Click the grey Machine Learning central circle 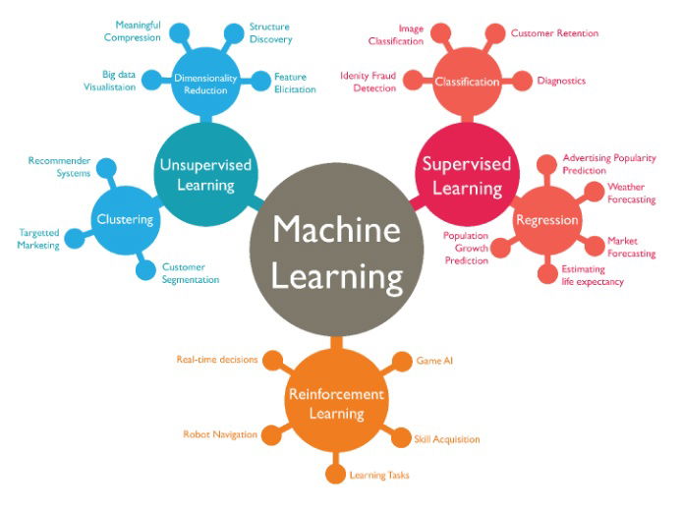pyautogui.click(x=337, y=250)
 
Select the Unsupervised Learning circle pyautogui.click(x=205, y=174)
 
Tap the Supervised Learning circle pyautogui.click(x=467, y=174)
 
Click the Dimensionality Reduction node pyautogui.click(x=205, y=83)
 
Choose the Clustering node pyautogui.click(x=125, y=220)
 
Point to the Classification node pyautogui.click(x=467, y=82)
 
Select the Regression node pyautogui.click(x=546, y=220)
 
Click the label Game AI pyautogui.click(x=434, y=361)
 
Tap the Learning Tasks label pyautogui.click(x=379, y=475)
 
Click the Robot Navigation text pyautogui.click(x=220, y=434)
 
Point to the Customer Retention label pyautogui.click(x=554, y=33)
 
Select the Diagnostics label pyautogui.click(x=561, y=81)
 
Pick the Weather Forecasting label pyautogui.click(x=632, y=194)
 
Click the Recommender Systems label pyautogui.click(x=60, y=167)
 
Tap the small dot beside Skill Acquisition pyautogui.click(x=401, y=437)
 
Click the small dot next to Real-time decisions pyautogui.click(x=273, y=361)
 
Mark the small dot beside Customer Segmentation pyautogui.click(x=145, y=270)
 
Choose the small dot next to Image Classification pyautogui.click(x=440, y=34)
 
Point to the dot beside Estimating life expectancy pyautogui.click(x=547, y=274)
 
